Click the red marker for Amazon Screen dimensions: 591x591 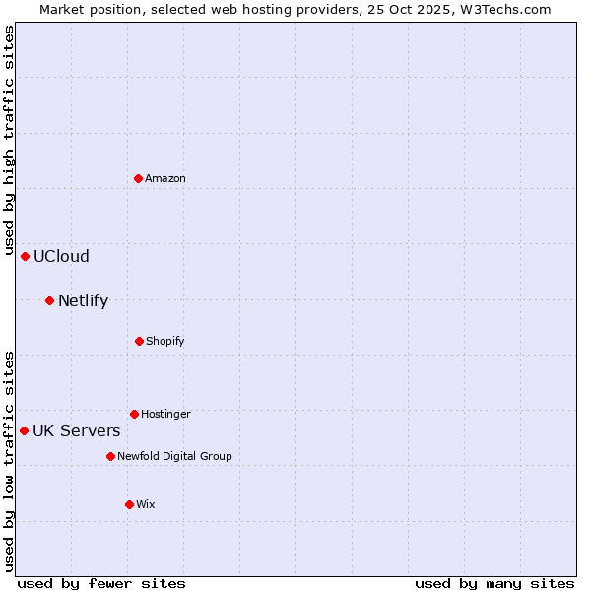coord(139,178)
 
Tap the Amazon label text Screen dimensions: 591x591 coord(165,178)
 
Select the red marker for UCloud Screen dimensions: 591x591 coord(26,256)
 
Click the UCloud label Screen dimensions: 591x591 coord(61,256)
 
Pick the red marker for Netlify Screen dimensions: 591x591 coord(50,300)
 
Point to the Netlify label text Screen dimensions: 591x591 coord(83,300)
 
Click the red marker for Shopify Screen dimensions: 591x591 coord(139,341)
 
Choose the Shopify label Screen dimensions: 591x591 coord(165,341)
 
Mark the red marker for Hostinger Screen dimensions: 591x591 coord(134,414)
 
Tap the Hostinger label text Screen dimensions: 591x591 coord(165,414)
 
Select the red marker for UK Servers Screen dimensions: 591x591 coord(25,430)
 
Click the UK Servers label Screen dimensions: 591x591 coord(77,430)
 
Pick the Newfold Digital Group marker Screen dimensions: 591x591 coord(110,456)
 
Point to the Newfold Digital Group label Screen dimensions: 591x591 coord(174,456)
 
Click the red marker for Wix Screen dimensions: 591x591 coord(129,504)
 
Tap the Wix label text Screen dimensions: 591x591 coord(146,504)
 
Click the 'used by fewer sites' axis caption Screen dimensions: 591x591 coord(101,583)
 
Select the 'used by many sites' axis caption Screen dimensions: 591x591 coord(494,583)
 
